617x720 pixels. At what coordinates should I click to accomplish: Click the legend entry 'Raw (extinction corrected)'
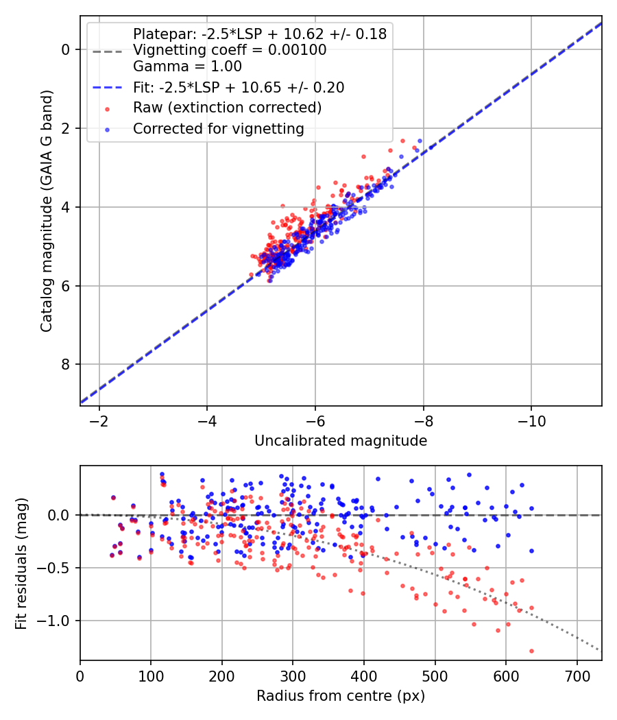[227, 108]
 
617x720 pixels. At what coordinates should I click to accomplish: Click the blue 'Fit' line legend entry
[239, 87]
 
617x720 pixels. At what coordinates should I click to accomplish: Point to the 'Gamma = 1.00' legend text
[187, 67]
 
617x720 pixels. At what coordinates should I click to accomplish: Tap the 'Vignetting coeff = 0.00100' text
[230, 50]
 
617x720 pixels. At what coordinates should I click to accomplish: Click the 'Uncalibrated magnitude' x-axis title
[341, 441]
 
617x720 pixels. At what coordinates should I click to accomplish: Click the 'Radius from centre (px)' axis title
[341, 696]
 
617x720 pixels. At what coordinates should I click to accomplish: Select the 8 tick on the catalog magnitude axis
[66, 364]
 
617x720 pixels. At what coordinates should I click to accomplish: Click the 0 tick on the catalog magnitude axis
[66, 49]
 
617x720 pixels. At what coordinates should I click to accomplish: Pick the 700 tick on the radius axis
[577, 675]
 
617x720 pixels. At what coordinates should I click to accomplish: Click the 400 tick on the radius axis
[364, 675]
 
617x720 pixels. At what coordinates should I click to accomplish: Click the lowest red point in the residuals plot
[531, 651]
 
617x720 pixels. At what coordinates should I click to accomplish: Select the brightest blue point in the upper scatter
[420, 141]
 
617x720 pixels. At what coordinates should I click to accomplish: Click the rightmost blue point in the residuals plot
[531, 551]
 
